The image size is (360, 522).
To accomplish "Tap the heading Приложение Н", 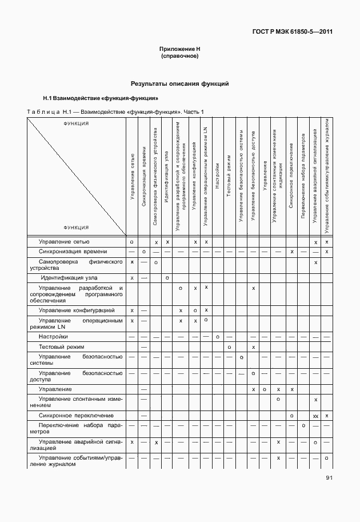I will tap(179, 50).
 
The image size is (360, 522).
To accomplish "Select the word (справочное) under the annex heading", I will tap(179, 57).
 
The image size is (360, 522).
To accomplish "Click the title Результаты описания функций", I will tap(179, 83).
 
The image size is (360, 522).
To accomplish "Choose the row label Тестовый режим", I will tap(61, 347).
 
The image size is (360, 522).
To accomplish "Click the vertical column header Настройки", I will tap(218, 172).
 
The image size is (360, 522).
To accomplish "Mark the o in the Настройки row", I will tap(218, 337).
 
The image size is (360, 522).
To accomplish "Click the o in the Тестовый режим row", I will tap(229, 347).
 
